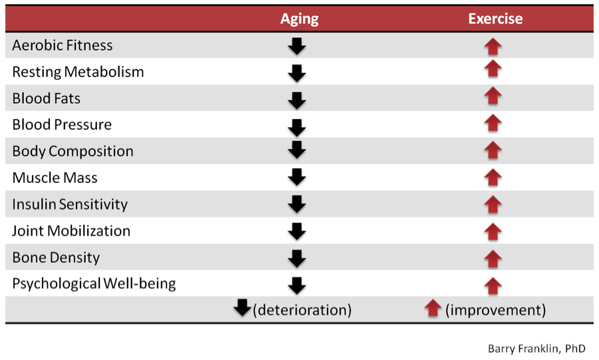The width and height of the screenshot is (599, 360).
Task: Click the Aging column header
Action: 299,19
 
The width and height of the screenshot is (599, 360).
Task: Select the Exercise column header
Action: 495,19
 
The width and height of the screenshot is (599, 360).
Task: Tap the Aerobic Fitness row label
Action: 63,45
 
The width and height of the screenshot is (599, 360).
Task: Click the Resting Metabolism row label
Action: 78,72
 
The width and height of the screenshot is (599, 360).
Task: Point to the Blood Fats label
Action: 46,98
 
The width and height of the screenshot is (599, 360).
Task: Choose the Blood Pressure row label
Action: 62,125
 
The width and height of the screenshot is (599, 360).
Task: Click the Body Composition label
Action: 73,152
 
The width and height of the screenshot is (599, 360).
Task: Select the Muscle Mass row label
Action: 55,178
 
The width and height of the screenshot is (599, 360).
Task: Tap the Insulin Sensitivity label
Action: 70,205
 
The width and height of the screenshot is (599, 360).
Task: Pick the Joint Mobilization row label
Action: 71,231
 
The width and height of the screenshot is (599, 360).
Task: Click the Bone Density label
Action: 56,258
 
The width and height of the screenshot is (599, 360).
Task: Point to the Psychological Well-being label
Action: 94,284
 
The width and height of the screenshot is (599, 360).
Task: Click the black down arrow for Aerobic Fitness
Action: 297,46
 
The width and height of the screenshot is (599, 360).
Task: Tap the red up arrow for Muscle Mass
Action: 493,178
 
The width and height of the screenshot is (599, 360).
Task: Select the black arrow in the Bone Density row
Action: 297,259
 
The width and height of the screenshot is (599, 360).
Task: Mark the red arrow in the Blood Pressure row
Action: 493,123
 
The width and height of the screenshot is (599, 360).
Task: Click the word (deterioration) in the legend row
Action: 302,310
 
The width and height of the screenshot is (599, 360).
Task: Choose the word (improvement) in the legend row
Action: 495,310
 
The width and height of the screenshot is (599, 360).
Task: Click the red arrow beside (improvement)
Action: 433,308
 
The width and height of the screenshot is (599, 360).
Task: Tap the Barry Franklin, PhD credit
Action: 536,349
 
